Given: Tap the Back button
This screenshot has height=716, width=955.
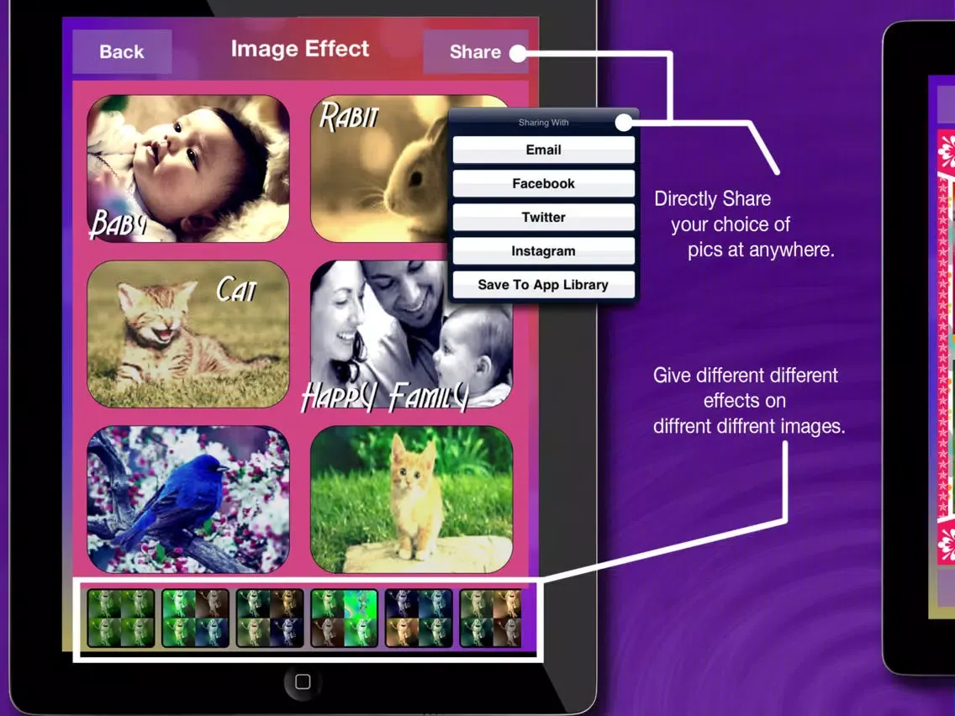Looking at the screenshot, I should point(122,52).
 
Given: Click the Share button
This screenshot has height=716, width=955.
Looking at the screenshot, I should point(474,52).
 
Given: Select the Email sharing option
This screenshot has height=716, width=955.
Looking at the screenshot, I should point(543,150).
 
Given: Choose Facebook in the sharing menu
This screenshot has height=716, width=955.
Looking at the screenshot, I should point(543,183).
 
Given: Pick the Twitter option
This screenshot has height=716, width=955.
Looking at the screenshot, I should point(543,217).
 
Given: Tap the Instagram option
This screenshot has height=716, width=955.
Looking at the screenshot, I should point(543,250).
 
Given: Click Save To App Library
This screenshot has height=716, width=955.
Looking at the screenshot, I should point(543,285).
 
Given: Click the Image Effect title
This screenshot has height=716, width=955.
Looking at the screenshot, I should point(300,49).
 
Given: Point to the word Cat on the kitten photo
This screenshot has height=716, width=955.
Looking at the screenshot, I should point(236,290).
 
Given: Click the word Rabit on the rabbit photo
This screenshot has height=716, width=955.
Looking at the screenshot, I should point(348,118).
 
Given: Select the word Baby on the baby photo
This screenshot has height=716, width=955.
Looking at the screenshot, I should point(118,225).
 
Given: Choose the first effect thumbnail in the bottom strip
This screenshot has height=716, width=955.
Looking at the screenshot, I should point(121,619).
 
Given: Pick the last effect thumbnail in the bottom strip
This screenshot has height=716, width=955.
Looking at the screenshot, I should point(490,619).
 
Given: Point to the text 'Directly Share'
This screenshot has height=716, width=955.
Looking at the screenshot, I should point(712,199).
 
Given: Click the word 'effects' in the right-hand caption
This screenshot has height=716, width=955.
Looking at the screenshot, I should point(744,400).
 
